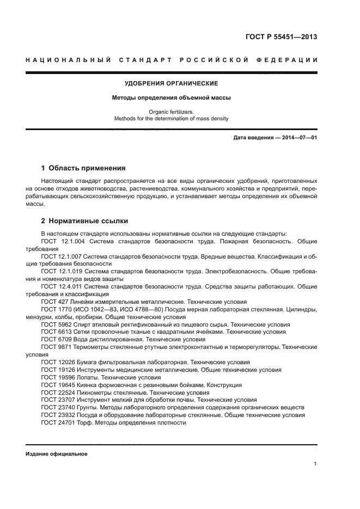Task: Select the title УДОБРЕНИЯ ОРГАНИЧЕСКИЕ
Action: [x=172, y=83]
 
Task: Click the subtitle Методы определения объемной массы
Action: [x=172, y=99]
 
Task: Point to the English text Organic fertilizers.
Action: [x=172, y=112]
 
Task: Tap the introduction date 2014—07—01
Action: [x=296, y=138]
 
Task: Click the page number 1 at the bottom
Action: [x=315, y=464]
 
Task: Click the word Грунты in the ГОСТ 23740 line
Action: [x=90, y=407]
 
